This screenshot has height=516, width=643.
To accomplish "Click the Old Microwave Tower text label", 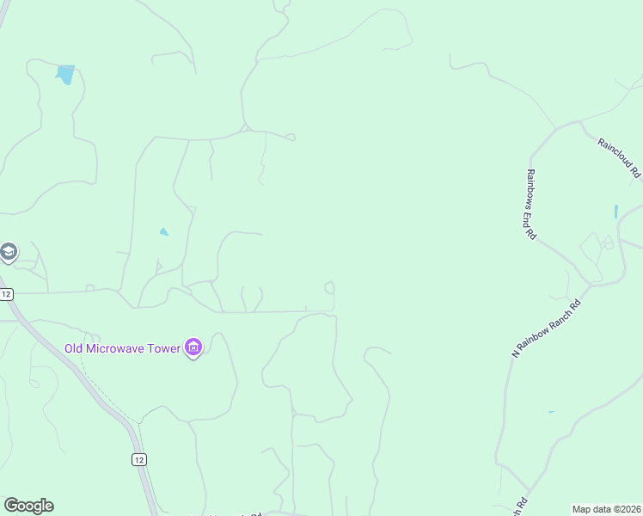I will point(122,348).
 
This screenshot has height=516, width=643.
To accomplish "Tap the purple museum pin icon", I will point(193,348).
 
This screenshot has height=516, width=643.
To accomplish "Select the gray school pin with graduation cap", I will point(8,252).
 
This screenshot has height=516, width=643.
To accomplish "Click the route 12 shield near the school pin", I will point(7,294).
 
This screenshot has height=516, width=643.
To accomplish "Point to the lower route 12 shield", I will point(139,459).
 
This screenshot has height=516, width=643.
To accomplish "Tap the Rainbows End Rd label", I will point(531,203).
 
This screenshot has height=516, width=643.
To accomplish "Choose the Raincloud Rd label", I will point(620,155).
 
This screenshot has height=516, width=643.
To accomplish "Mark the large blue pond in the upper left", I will point(64,74).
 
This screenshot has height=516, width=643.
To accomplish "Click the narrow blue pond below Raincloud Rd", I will point(615,211).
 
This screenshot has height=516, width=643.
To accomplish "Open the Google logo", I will point(28,506).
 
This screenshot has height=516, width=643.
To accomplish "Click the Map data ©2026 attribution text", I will point(606,509).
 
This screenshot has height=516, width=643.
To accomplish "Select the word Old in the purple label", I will point(74,348).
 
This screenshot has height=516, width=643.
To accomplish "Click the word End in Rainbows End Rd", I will point(532,219).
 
